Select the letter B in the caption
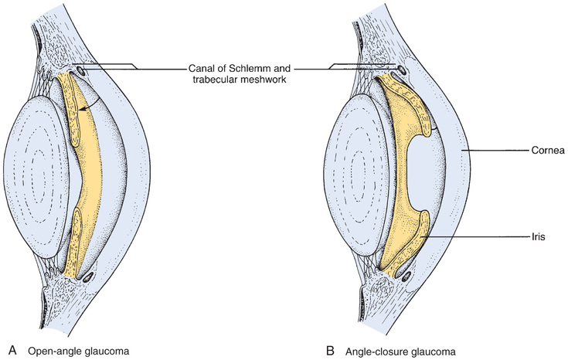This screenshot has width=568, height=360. pyautogui.click(x=330, y=349)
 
